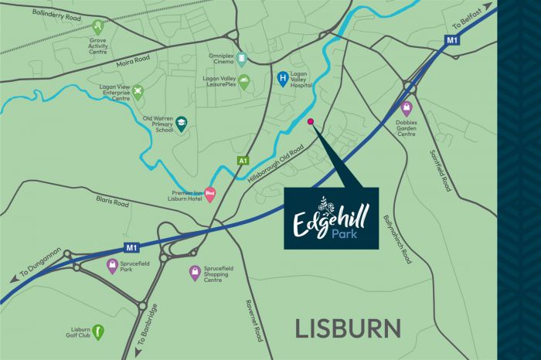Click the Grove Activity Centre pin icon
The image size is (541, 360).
(x=97, y=27)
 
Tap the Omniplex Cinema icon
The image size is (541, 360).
(x=242, y=58)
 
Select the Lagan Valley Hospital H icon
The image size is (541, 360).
(x=284, y=78)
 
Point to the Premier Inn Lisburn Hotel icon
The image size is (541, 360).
(x=209, y=195)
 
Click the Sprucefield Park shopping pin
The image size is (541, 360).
(x=112, y=267)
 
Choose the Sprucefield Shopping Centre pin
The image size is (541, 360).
(x=195, y=273)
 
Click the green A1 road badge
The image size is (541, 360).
(x=243, y=160)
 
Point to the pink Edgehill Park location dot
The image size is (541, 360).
(x=311, y=122)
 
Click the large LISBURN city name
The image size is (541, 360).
(x=348, y=328)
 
